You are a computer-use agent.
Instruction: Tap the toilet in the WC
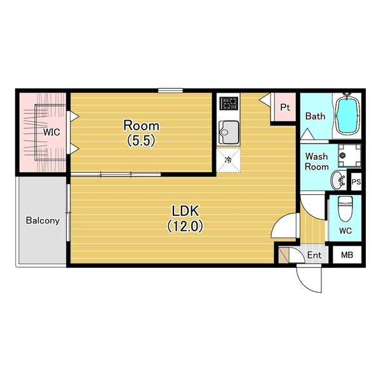(345, 208)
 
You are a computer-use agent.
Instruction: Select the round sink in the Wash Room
(338, 180)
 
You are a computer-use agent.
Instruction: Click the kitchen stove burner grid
(229, 104)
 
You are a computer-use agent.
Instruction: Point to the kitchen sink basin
(229, 133)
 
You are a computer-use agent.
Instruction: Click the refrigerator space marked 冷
(229, 161)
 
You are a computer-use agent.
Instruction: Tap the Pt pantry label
(285, 107)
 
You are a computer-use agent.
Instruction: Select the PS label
(356, 182)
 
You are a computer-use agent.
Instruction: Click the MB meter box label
(347, 255)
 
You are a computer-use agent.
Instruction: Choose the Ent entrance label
(314, 255)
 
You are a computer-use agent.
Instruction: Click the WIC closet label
(51, 132)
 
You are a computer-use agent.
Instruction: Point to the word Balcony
(43, 220)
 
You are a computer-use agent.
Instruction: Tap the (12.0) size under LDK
(185, 227)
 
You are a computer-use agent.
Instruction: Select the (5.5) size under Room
(141, 141)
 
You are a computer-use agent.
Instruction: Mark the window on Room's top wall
(170, 91)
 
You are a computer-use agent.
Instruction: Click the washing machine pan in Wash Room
(349, 156)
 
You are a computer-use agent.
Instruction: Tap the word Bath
(315, 116)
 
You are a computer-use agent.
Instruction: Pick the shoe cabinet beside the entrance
(283, 255)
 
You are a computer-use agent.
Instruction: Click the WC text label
(345, 231)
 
